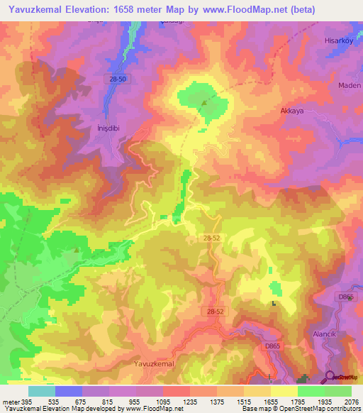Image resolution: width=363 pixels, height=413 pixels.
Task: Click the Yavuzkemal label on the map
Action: point(153,363)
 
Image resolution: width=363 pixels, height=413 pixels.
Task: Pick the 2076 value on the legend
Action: point(350,401)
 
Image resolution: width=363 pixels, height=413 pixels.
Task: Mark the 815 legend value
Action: point(108,401)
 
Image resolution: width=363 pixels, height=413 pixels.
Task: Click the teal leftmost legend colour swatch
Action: point(41,391)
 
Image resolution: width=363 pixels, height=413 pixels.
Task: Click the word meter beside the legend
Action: point(11,401)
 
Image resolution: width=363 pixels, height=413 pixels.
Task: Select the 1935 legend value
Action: point(323,401)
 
